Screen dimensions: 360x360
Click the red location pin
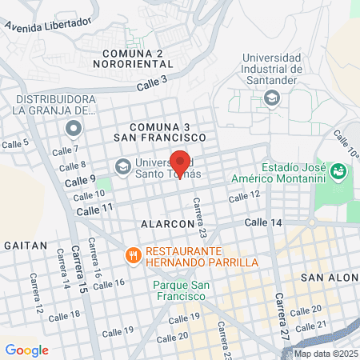coord(179,162)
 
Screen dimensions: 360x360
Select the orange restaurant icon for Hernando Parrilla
coord(134,256)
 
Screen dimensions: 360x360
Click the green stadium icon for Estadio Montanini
coord(339,171)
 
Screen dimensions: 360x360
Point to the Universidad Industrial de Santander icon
coord(273,98)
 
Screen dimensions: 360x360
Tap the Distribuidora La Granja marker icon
coord(74,128)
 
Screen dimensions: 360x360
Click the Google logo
coord(26,350)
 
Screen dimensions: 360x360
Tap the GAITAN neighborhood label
coord(20,243)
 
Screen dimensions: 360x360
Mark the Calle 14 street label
coord(263,222)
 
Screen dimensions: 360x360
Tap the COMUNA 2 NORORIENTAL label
coord(133,58)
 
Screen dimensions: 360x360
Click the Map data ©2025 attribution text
coord(326,354)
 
